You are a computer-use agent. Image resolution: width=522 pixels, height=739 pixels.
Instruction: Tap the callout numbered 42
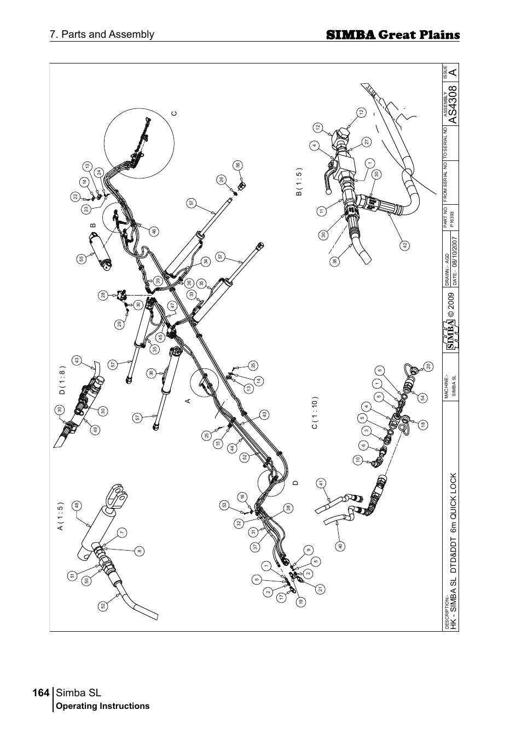tap(405, 246)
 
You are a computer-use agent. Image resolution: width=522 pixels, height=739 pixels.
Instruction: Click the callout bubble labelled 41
tap(321, 482)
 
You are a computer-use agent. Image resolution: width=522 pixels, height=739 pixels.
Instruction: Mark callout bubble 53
tap(224, 505)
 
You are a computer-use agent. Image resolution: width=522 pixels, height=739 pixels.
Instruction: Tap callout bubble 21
tap(321, 589)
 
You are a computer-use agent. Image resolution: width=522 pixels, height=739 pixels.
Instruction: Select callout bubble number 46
tap(154, 231)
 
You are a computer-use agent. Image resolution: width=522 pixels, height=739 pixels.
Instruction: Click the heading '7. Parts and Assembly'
tap(102, 34)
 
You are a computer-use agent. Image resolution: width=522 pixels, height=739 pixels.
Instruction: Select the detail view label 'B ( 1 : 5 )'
tap(299, 182)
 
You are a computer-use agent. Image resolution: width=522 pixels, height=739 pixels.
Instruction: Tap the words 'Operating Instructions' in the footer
tap(103, 706)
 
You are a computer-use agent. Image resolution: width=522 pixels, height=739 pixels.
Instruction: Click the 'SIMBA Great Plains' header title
tap(392, 35)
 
